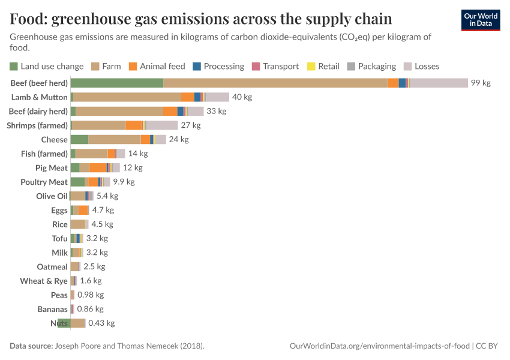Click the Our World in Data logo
(x=480, y=20)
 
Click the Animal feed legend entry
(x=157, y=66)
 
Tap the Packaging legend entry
(x=371, y=66)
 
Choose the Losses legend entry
(x=422, y=66)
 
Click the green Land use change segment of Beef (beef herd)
(x=117, y=83)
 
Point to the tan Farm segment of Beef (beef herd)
(x=275, y=83)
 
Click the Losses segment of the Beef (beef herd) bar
(x=439, y=83)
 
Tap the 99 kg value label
(x=481, y=83)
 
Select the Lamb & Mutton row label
(x=40, y=97)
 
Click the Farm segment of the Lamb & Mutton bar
(x=127, y=97)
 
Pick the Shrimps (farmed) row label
(x=37, y=125)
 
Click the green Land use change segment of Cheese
(x=79, y=140)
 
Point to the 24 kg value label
(x=179, y=140)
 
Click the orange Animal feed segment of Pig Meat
(x=98, y=168)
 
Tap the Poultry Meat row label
(x=44, y=182)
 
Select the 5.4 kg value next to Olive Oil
(x=107, y=196)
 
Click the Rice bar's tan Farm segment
(x=78, y=224)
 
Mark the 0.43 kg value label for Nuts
(x=101, y=323)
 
